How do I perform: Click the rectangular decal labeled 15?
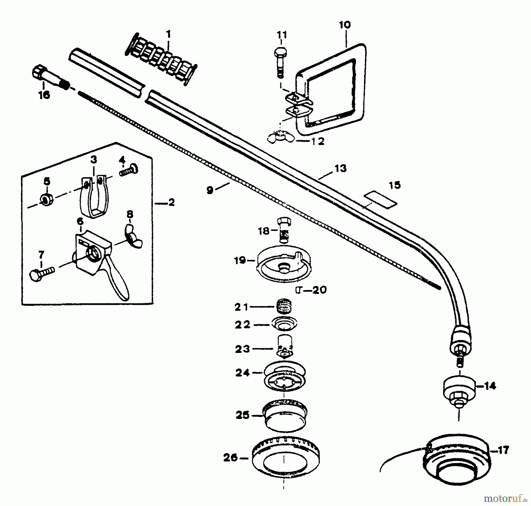pos(380,200)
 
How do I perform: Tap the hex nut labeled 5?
pos(47,200)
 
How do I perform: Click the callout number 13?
pos(340,168)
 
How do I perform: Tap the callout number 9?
pos(210,190)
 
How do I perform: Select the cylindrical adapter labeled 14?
pos(459,390)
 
